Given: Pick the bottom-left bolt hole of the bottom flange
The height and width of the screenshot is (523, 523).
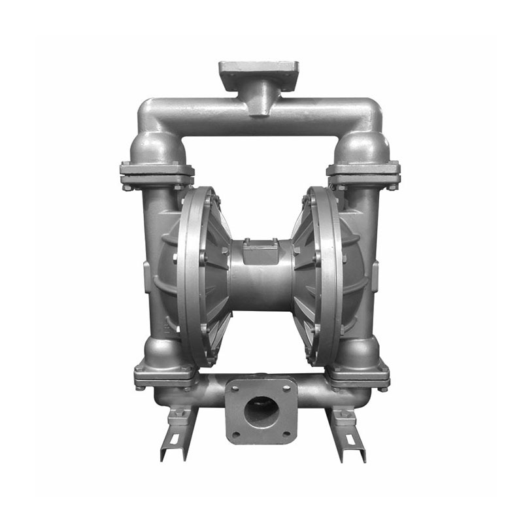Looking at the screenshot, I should (x=236, y=434).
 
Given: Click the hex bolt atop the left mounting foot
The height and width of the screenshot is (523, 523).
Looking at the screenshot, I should (x=179, y=413).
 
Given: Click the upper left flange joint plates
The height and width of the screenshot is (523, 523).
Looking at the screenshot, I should (x=157, y=173).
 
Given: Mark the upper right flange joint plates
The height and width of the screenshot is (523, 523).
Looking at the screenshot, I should (x=363, y=173).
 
